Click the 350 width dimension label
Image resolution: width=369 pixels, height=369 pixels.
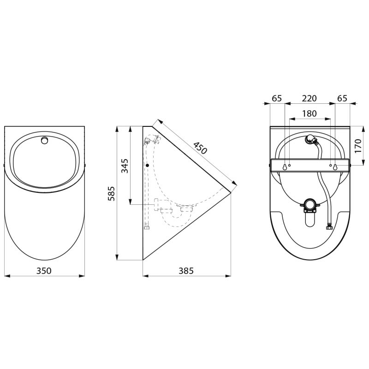pos(44,271)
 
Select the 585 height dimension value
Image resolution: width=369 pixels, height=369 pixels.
pos(111,193)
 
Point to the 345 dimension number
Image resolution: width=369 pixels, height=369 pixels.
pos(125,165)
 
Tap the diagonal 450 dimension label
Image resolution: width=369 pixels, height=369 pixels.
pos(200,148)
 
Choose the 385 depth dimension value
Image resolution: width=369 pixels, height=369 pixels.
pos(186,271)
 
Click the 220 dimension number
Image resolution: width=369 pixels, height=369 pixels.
pos(309,98)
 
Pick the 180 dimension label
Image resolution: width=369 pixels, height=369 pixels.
pos(309,113)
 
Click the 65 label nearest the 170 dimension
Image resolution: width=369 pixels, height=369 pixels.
pos(342,98)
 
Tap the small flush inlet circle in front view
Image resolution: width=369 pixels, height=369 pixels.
pos(44,140)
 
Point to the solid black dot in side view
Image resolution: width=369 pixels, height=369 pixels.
pos(147,165)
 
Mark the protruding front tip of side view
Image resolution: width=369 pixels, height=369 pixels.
pos(230,189)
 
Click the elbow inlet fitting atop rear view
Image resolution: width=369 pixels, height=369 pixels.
pos(312,139)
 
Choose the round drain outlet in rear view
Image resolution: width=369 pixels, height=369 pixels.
pos(309,204)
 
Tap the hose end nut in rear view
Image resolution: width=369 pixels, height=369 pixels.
pos(329,226)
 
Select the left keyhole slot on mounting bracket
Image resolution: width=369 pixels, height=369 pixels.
pos(285,167)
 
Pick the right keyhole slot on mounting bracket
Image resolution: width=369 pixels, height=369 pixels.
pos(335,167)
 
